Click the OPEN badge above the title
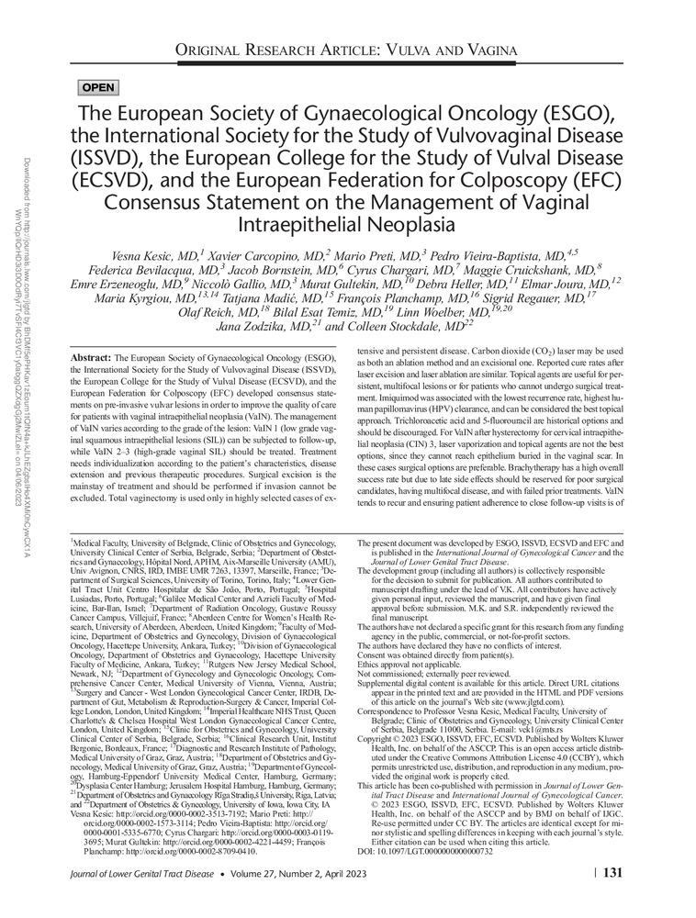click(98, 88)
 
